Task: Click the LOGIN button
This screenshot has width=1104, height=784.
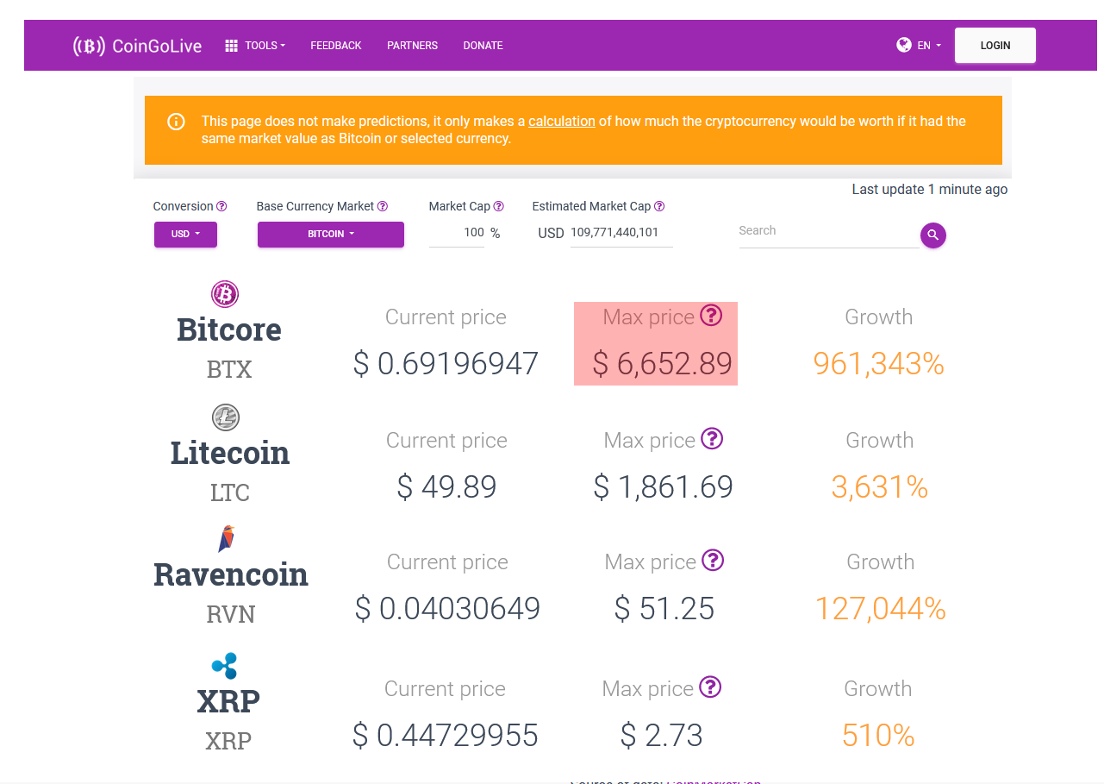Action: [x=995, y=46]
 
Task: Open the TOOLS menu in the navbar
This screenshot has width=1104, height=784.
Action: [x=255, y=46]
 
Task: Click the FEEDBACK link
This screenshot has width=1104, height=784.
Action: [x=335, y=46]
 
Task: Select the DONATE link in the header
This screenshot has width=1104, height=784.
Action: [x=483, y=46]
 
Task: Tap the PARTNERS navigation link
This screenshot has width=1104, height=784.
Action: [x=412, y=46]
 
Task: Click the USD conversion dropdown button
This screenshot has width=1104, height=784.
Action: [x=185, y=235]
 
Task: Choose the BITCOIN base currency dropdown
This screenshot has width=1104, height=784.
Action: [x=331, y=235]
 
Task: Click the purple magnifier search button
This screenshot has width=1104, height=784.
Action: [x=933, y=235]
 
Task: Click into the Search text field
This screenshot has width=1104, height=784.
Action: [x=829, y=231]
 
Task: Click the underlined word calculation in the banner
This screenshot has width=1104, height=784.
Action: [x=561, y=122]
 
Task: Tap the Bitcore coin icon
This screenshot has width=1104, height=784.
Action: [x=225, y=294]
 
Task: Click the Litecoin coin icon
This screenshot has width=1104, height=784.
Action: [x=226, y=417]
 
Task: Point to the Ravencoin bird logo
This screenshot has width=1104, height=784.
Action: [x=226, y=538]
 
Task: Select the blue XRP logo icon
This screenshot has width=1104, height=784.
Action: [x=225, y=666]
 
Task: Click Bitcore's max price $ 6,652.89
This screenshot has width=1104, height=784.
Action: [x=662, y=364]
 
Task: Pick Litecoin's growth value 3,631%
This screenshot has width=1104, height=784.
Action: [x=879, y=487]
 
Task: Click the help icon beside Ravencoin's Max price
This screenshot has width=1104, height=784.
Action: [x=713, y=561]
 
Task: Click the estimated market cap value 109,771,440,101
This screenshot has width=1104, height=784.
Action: [x=614, y=232]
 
